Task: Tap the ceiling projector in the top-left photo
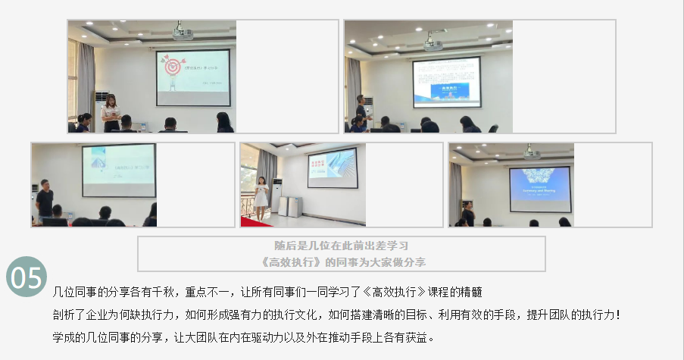pos(183,33)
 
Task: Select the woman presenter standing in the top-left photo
pos(111,114)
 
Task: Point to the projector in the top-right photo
pos(433,42)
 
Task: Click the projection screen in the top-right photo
pos(446,81)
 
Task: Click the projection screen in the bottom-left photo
pos(118,164)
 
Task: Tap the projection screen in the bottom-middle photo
pos(331,166)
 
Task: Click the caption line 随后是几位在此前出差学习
pos(341,246)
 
